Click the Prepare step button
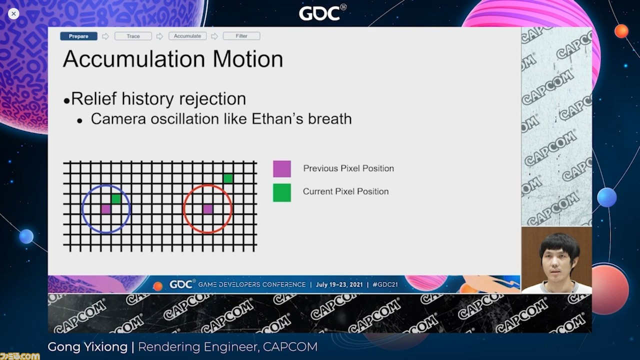point(78,36)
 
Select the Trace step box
point(133,36)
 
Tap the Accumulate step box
point(187,36)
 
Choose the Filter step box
point(241,36)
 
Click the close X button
point(13,13)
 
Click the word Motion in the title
point(247,59)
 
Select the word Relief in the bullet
point(94,99)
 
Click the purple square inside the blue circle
point(106,209)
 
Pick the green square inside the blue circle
point(116,199)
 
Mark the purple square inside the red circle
point(207,209)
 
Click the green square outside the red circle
point(228,178)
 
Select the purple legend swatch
point(282,169)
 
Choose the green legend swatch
point(282,193)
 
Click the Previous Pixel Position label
point(348,168)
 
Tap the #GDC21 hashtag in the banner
point(385,284)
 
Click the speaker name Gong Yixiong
point(87,347)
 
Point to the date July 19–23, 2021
point(339,284)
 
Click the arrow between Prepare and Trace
point(105,36)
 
